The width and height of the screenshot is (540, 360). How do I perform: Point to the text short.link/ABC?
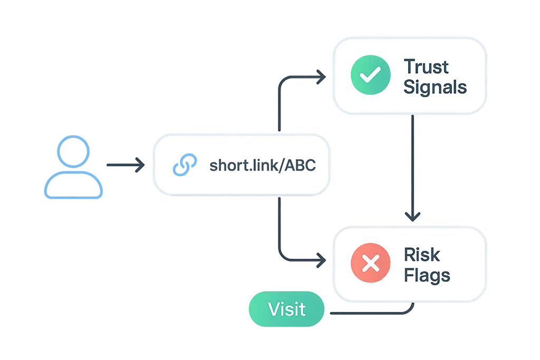pos(262,166)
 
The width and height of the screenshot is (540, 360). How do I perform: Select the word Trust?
pos(427,67)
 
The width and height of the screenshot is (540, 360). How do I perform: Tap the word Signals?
pos(435,87)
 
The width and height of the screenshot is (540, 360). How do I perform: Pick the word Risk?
pos(422,255)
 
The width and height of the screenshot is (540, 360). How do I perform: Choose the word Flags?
pos(427,276)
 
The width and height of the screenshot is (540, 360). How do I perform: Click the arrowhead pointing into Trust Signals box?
pos(320,77)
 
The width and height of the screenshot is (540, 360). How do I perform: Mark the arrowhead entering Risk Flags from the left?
pos(320,259)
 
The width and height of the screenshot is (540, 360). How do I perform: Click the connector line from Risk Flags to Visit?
pos(369,314)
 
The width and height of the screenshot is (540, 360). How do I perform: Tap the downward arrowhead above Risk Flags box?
pos(413,217)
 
